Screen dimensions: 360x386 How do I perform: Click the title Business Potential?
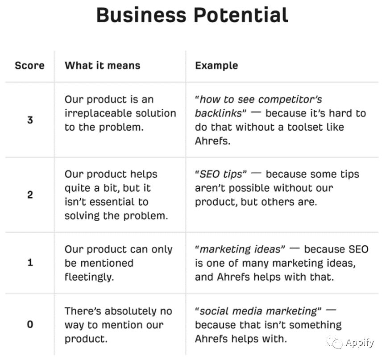[x=192, y=15]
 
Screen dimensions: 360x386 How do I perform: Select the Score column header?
[x=29, y=66]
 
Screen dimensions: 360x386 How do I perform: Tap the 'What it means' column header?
[x=102, y=66]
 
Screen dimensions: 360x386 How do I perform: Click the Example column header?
[x=216, y=66]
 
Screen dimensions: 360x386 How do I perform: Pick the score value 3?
[x=30, y=120]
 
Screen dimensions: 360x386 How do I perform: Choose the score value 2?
[x=30, y=195]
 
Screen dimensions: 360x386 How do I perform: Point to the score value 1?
[x=30, y=262]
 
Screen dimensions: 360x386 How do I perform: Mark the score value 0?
[x=30, y=324]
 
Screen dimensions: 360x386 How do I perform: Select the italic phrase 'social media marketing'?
[x=258, y=311]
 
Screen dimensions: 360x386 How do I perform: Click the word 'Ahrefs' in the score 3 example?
[x=213, y=141]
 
